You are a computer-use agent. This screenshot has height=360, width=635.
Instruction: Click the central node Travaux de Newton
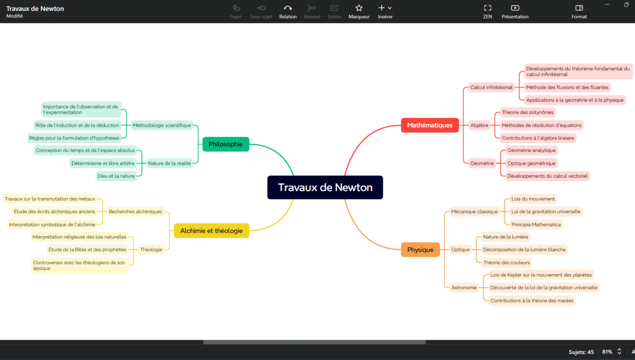pyautogui.click(x=325, y=187)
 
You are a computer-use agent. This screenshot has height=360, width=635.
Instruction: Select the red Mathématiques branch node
pyautogui.click(x=430, y=125)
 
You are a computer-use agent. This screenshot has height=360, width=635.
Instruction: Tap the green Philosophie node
pyautogui.click(x=226, y=144)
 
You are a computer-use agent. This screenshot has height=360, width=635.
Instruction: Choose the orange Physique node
pyautogui.click(x=420, y=250)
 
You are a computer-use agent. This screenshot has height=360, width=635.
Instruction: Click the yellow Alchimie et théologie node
pyautogui.click(x=211, y=231)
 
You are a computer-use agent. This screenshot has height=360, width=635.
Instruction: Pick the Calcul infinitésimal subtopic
pyautogui.click(x=491, y=87)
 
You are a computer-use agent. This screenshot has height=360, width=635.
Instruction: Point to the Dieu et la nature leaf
pyautogui.click(x=116, y=176)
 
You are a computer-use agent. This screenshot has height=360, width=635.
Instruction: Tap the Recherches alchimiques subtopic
pyautogui.click(x=135, y=211)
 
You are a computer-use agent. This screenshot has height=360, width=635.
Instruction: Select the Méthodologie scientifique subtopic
pyautogui.click(x=162, y=125)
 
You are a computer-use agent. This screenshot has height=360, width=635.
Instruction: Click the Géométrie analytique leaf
pyautogui.click(x=531, y=150)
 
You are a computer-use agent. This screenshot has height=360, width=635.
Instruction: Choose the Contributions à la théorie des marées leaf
pyautogui.click(x=532, y=300)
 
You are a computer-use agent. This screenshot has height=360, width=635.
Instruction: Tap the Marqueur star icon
pyautogui.click(x=359, y=8)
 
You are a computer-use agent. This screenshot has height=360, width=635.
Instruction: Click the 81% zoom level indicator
pyautogui.click(x=607, y=352)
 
